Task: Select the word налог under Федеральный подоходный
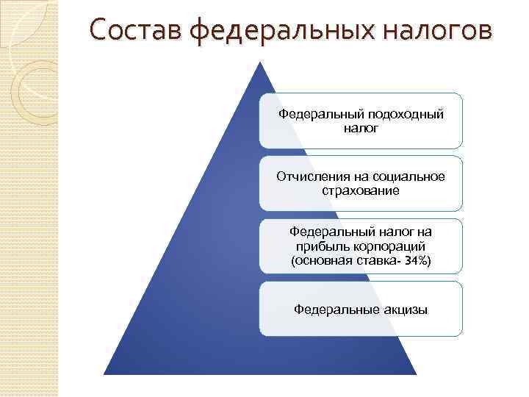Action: [x=360, y=128]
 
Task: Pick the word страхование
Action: [x=360, y=190]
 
